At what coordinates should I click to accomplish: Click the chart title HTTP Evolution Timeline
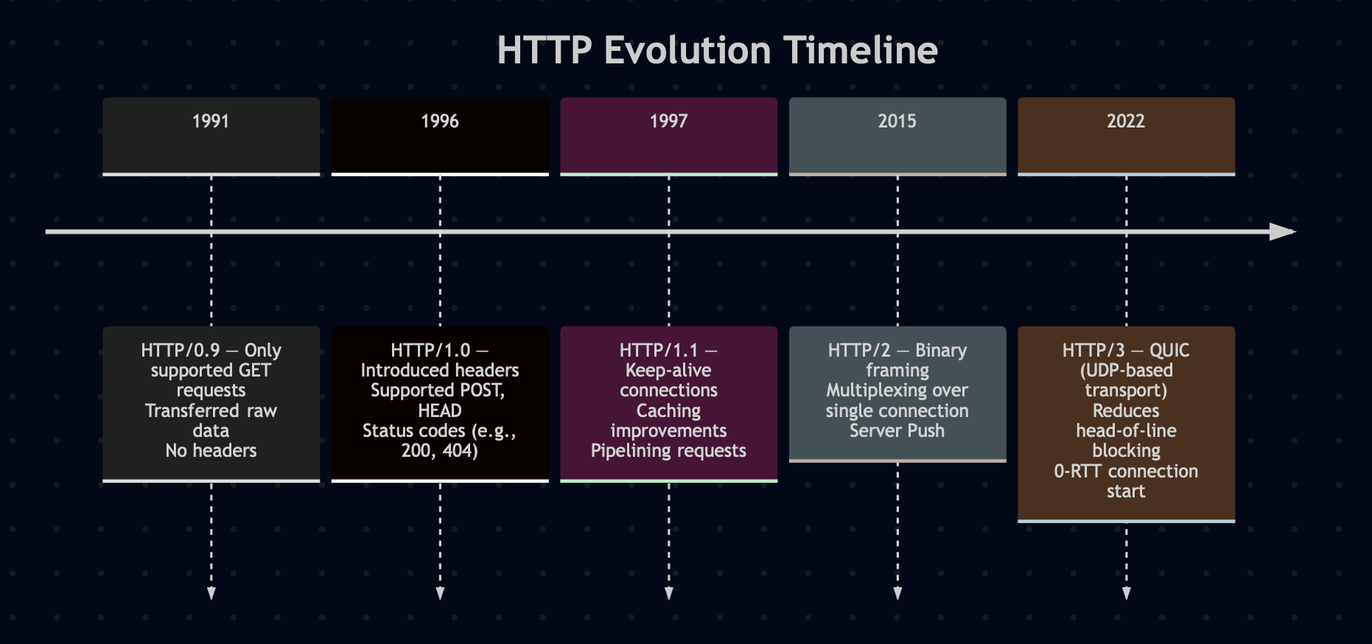pyautogui.click(x=717, y=50)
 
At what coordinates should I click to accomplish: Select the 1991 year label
pyautogui.click(x=211, y=121)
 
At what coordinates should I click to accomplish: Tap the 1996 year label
pyautogui.click(x=440, y=121)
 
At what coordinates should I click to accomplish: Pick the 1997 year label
pyautogui.click(x=668, y=121)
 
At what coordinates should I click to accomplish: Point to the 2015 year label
pyautogui.click(x=897, y=121)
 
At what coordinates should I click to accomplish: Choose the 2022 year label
pyautogui.click(x=1126, y=121)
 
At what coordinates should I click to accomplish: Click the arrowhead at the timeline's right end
pyautogui.click(x=1283, y=232)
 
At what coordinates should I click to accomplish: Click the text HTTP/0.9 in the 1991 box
pyautogui.click(x=181, y=350)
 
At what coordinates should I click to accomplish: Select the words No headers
pyautogui.click(x=211, y=450)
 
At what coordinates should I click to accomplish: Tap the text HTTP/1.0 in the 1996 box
pyautogui.click(x=430, y=350)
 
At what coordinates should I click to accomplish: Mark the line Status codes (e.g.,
pyautogui.click(x=439, y=430)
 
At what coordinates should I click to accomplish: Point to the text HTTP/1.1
pyautogui.click(x=659, y=350)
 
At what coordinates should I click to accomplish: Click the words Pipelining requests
pyautogui.click(x=668, y=450)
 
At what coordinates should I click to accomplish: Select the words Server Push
pyautogui.click(x=897, y=430)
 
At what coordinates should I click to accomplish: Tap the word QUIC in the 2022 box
pyautogui.click(x=1169, y=350)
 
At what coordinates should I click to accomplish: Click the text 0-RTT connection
pyautogui.click(x=1126, y=471)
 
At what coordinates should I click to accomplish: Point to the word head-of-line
pyautogui.click(x=1126, y=430)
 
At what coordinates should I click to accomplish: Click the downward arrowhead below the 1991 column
pyautogui.click(x=211, y=594)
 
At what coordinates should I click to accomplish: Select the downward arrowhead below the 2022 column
pyautogui.click(x=1126, y=594)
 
